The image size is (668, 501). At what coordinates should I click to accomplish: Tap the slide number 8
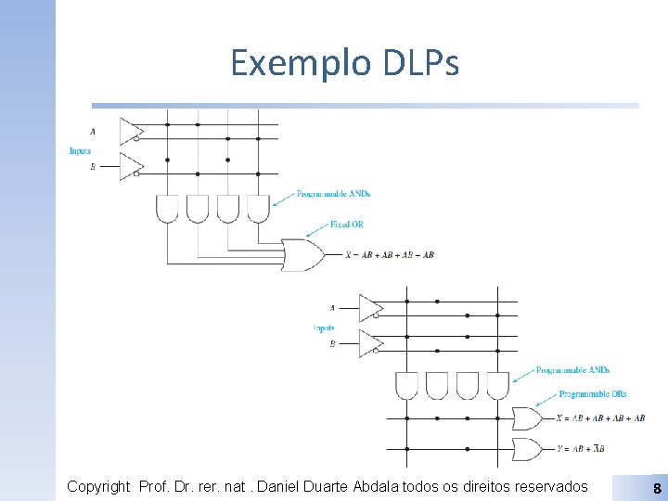[x=657, y=488]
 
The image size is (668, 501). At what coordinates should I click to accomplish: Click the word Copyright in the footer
[x=98, y=486]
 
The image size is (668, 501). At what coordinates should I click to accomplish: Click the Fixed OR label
[x=348, y=225]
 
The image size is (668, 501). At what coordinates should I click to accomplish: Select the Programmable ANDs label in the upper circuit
[x=333, y=194]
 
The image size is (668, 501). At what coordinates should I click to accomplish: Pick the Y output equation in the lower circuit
[x=588, y=449]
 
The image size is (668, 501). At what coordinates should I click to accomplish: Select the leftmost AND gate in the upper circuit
[x=167, y=209]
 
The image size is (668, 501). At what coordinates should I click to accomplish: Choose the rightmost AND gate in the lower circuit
[x=497, y=385]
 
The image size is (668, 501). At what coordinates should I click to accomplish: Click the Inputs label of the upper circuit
[x=80, y=151]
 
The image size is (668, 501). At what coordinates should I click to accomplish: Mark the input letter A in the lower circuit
[x=332, y=307]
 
